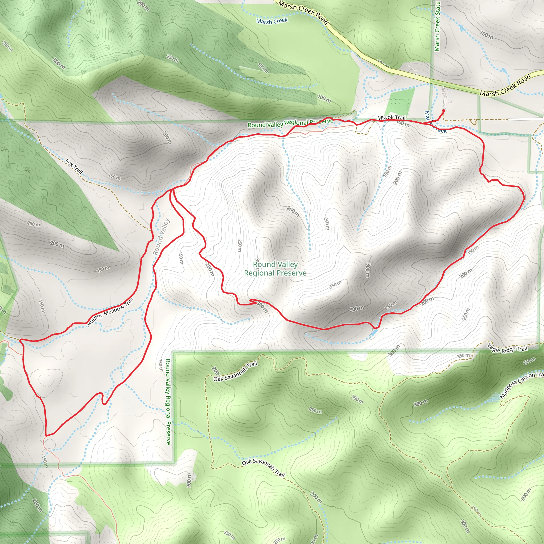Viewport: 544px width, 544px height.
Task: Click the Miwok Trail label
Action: pyautogui.click(x=391, y=117)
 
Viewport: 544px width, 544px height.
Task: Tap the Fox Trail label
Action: pyautogui.click(x=74, y=166)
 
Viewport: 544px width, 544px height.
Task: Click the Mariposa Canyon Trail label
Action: pyautogui.click(x=522, y=385)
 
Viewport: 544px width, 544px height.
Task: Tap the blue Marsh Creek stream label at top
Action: pyautogui.click(x=272, y=21)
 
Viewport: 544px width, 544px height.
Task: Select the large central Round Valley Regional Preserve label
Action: pyautogui.click(x=275, y=269)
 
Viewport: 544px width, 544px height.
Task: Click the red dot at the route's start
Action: pyautogui.click(x=444, y=111)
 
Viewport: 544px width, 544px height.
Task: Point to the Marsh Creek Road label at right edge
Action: pyautogui.click(x=505, y=86)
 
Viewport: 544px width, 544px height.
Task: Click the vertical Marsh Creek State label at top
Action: pyautogui.click(x=437, y=26)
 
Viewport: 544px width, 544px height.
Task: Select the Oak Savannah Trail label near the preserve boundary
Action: pyautogui.click(x=235, y=372)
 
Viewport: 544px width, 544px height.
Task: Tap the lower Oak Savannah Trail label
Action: pyautogui.click(x=263, y=467)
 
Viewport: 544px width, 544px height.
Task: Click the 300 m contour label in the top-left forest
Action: pyautogui.click(x=59, y=64)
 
